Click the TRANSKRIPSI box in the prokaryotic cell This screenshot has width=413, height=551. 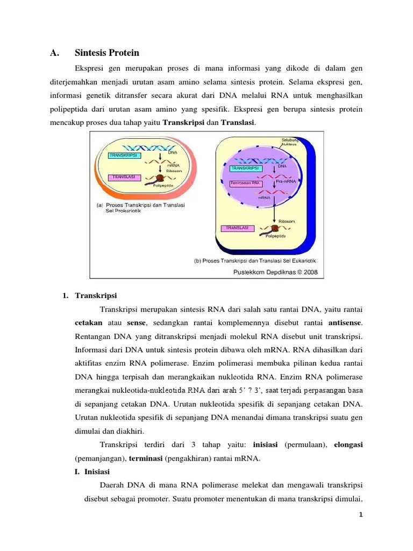(124, 156)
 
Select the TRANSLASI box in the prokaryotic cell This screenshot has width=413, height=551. (122, 177)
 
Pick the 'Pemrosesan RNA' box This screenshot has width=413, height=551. (245, 183)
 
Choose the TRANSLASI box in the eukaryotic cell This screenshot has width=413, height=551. (237, 229)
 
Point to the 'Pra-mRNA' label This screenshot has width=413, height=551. (286, 182)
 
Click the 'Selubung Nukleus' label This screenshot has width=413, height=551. (290, 143)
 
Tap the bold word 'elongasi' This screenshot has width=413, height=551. (348, 445)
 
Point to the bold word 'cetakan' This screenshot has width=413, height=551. (88, 323)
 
